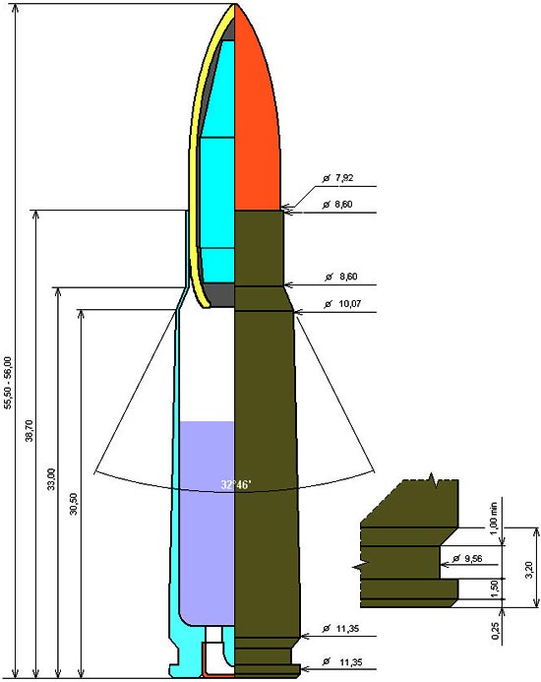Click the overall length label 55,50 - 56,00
pos(8,383)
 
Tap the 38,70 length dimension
pos(30,431)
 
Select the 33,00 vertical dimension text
pos(51,479)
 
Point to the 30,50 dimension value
pos(74,504)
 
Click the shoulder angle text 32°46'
pos(236,484)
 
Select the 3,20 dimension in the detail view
pos(529,570)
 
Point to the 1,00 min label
pos(493,519)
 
